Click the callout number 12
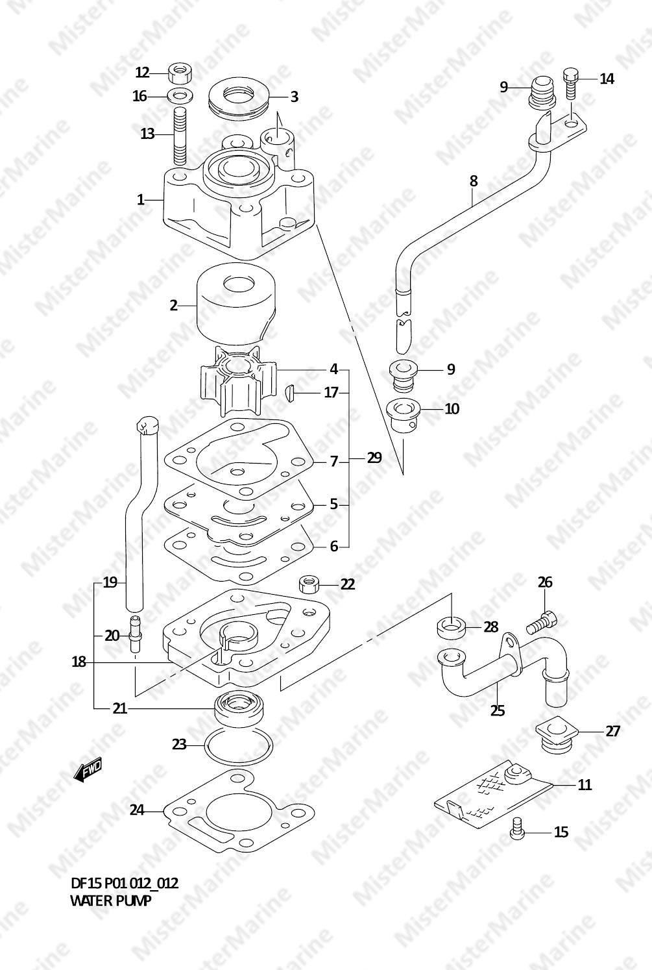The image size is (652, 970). click(x=142, y=72)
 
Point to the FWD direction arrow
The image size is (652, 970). click(x=88, y=771)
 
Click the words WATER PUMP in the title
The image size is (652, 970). click(x=111, y=901)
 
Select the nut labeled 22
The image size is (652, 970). click(x=309, y=584)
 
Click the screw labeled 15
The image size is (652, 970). click(x=517, y=828)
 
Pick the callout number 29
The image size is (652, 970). click(x=374, y=458)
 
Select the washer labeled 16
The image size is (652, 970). click(x=180, y=95)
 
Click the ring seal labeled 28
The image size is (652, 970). click(x=450, y=628)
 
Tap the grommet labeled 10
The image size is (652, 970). click(x=404, y=416)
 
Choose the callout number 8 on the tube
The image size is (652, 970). click(x=474, y=181)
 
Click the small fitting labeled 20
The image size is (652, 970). click(x=136, y=634)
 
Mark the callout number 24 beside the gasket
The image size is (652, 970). click(x=137, y=810)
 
